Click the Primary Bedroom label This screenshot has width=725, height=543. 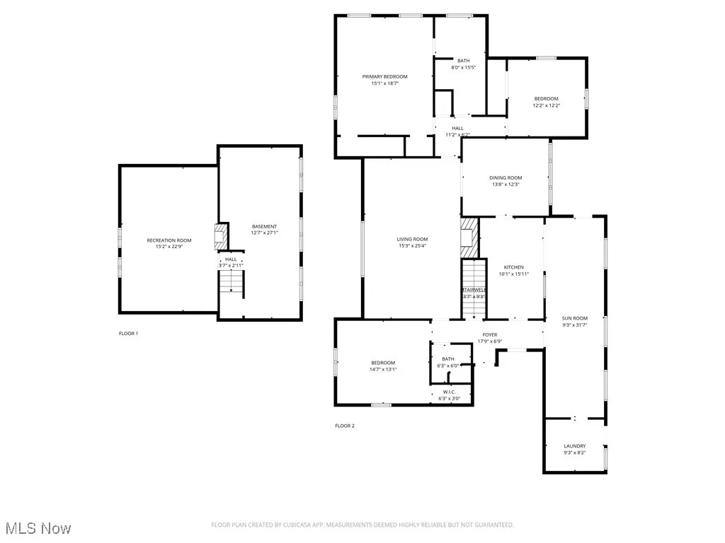tap(384, 76)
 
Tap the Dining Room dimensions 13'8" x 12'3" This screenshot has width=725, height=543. tap(505, 185)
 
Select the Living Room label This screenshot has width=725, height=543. tap(412, 239)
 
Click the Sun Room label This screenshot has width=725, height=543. tap(574, 318)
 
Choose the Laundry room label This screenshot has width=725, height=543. tap(574, 446)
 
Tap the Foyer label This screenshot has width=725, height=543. tap(490, 334)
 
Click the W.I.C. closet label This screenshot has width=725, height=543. tap(450, 392)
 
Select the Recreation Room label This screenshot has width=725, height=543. tap(169, 240)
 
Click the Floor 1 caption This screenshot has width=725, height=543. tap(128, 333)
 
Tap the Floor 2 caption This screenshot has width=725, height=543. tap(345, 426)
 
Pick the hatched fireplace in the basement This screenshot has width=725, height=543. tap(222, 234)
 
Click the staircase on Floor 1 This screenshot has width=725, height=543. tap(231, 282)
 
